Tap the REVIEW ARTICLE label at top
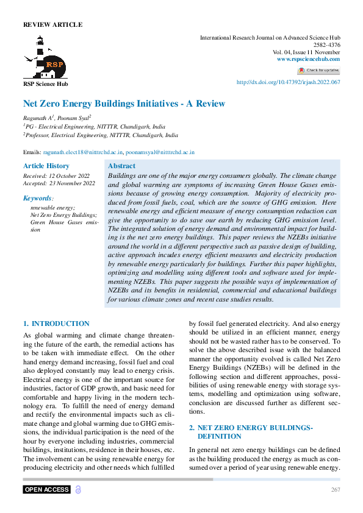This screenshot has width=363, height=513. pos(52,25)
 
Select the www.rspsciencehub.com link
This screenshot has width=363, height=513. pos(308,59)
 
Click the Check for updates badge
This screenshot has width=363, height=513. pos(318,71)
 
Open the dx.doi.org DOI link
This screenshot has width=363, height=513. pos(288,82)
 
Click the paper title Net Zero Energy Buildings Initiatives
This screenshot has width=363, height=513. pos(124,104)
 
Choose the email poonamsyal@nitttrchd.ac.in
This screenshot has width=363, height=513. pos(160,152)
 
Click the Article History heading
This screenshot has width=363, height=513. pos(46,166)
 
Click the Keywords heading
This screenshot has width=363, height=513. pos(38,198)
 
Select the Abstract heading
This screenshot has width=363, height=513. pos(121,166)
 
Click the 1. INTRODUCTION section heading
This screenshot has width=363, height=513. pos(56,324)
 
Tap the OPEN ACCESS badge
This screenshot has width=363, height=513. pos(47,490)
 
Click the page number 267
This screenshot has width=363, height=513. pos(335,490)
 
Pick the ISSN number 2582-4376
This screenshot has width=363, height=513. pos(328,45)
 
